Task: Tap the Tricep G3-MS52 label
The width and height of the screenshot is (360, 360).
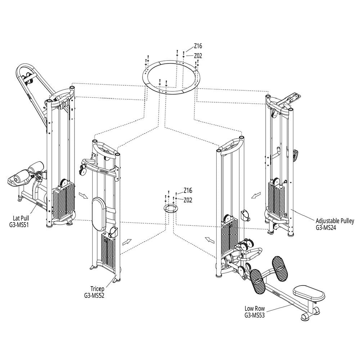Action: tap(94, 292)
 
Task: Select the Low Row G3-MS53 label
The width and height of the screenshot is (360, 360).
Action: tap(255, 311)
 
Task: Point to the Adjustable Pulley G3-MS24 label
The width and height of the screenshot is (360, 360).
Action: tap(335, 224)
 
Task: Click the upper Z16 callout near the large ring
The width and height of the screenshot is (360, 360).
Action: tap(198, 46)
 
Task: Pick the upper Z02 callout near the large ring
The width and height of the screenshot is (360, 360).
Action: tap(198, 56)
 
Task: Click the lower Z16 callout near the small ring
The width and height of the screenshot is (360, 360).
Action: tap(188, 190)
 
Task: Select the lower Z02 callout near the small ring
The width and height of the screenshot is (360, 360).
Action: tap(188, 200)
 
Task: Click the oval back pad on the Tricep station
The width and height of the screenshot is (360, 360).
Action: tap(99, 213)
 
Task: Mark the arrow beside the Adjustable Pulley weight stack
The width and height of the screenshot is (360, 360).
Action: tap(256, 195)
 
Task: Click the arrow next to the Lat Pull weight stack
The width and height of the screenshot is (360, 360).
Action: tap(84, 195)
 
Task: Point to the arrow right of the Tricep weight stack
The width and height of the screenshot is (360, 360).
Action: tap(127, 242)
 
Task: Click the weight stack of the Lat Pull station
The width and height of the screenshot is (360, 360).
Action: tap(64, 199)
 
